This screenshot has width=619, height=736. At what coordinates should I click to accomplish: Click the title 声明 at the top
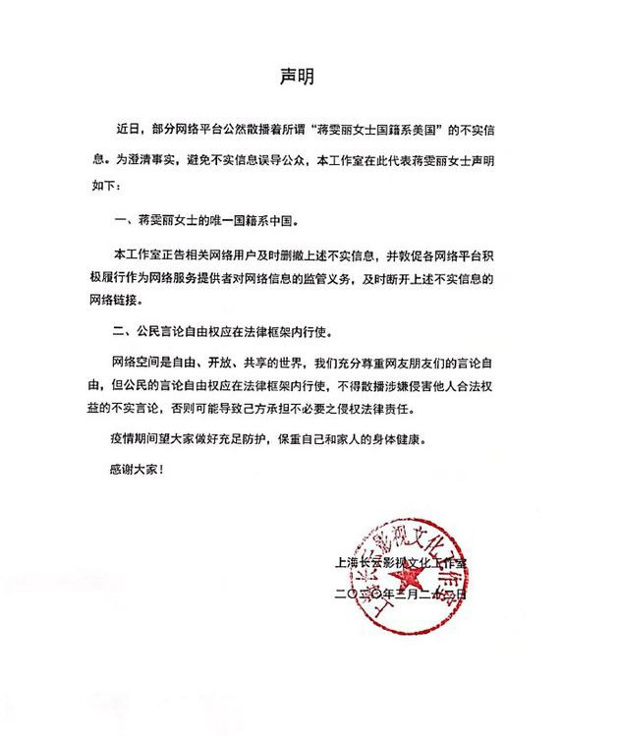point(310,76)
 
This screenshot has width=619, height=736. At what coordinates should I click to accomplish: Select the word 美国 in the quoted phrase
point(427,128)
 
